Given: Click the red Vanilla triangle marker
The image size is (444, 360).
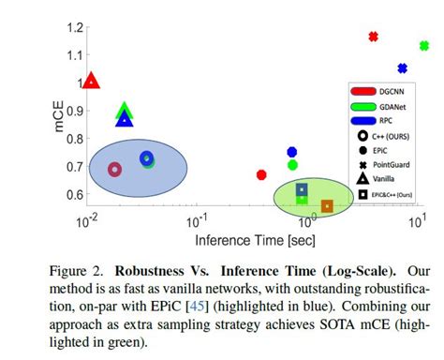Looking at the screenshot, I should pos(91,82).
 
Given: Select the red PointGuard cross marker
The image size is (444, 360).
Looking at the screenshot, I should pos(373,37).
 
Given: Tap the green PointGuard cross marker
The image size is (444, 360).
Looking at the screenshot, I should pos(424,46).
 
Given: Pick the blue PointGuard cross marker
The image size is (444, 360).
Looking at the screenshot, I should pos(403,68).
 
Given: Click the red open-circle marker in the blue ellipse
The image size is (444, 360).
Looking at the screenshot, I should pos(114,170).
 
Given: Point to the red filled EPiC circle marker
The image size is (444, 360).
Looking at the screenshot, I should pos(261,174).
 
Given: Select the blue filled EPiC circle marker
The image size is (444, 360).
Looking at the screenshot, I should pos(292,152).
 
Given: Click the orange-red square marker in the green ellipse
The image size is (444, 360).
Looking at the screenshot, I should pos(327,206).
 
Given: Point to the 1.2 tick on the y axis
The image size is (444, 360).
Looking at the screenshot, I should pos(72,27).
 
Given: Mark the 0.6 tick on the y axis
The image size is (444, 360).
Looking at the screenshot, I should pos(72,195).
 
